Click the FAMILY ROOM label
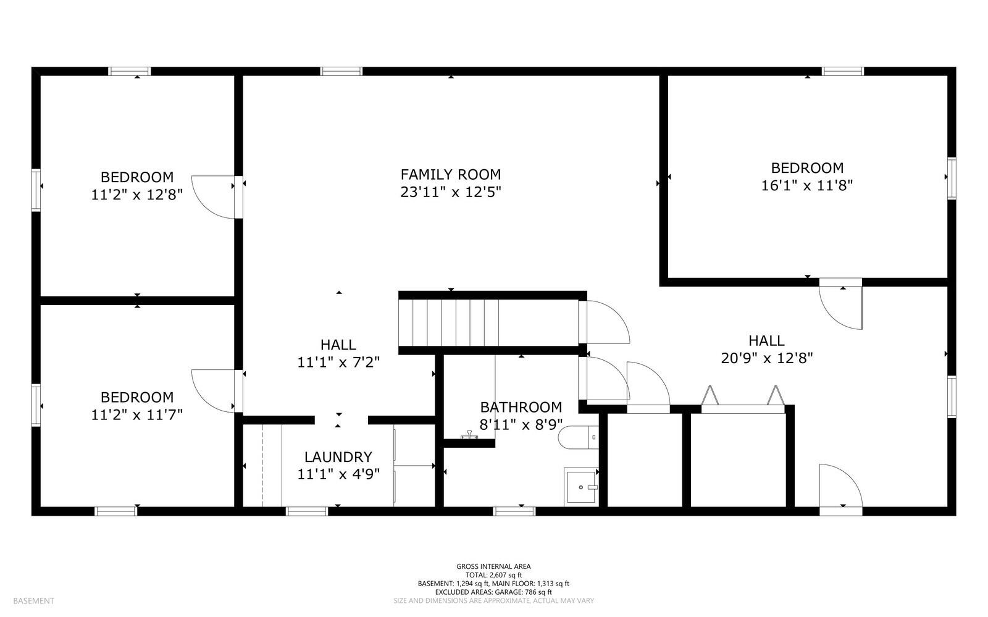tap(450, 175)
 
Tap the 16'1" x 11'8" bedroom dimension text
tap(806, 185)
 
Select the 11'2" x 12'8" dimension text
tap(137, 195)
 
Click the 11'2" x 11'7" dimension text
tap(137, 414)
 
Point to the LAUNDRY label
tap(338, 457)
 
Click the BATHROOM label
tap(521, 407)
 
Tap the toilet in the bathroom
tap(577, 438)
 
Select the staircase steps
tap(450, 322)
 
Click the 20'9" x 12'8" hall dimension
tap(766, 358)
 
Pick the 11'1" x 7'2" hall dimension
tap(338, 362)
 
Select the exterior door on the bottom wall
tap(841, 488)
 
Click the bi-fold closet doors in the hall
tap(742, 398)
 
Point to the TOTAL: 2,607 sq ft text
tap(493, 575)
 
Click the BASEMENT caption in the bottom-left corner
tap(33, 601)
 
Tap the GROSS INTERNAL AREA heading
tap(493, 566)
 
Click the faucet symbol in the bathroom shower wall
tap(469, 437)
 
